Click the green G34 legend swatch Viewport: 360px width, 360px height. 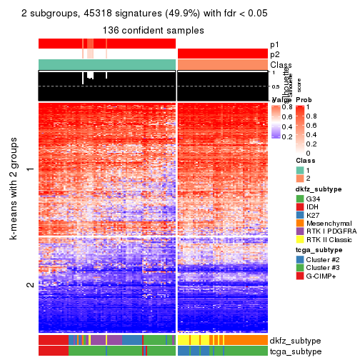pyautogui.click(x=300, y=198)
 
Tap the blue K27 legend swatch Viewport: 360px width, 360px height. pyautogui.click(x=300, y=214)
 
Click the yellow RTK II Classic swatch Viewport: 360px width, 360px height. pyautogui.click(x=300, y=240)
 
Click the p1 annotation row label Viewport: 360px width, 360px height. pyautogui.click(x=275, y=44)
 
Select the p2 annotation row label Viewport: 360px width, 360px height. pyautogui.click(x=275, y=54)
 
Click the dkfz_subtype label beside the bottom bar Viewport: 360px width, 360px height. pyautogui.click(x=295, y=341)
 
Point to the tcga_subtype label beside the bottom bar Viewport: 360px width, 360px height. pyautogui.click(x=294, y=351)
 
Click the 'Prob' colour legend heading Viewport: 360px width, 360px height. pyautogui.click(x=304, y=99)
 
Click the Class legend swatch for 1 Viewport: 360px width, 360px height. pyautogui.click(x=300, y=171)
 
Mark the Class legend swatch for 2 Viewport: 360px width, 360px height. pyautogui.click(x=300, y=179)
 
